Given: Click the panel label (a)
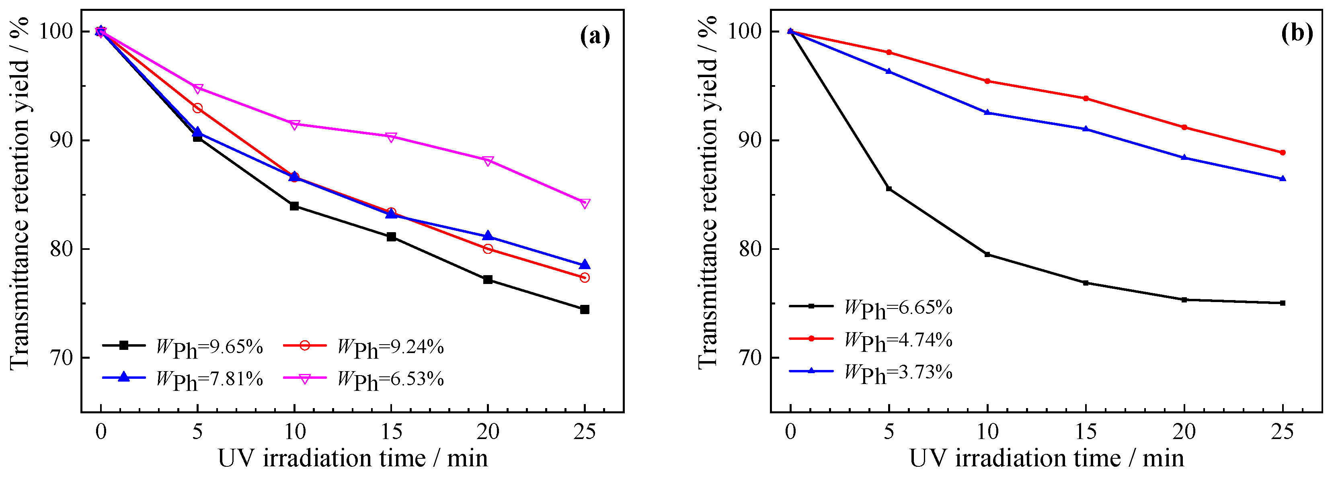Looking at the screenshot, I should pos(595,36).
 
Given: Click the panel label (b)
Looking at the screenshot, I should pos(1297,34).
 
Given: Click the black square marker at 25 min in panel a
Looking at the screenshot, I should pos(585,309).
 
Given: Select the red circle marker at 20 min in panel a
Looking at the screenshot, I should pos(488,249).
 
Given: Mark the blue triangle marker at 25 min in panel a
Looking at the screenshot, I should pos(585,265).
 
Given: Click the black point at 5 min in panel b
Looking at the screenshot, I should pos(889,189).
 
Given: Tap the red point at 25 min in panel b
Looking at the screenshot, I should pos(1283,153).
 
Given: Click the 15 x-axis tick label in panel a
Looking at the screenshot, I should pos(391,431).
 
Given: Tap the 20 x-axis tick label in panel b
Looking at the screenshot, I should pos(1184,431).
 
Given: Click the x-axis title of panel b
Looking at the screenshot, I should pos(1046,458).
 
